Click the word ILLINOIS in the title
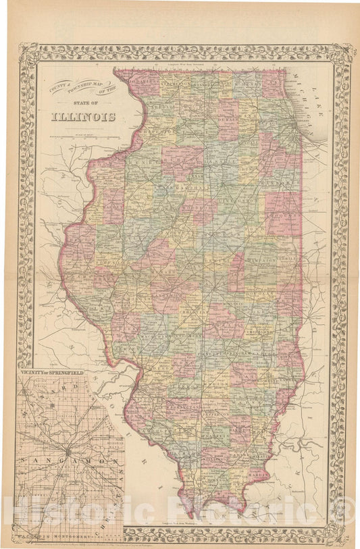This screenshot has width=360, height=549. [83, 116]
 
